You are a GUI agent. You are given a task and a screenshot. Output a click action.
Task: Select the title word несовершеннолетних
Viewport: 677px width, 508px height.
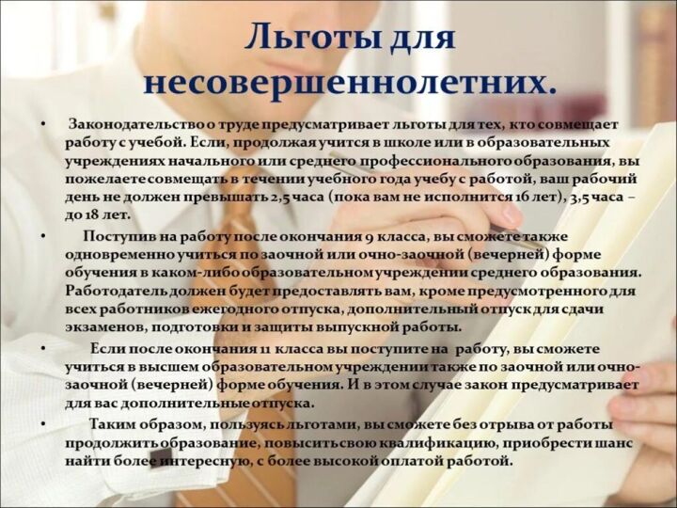[x=349, y=81]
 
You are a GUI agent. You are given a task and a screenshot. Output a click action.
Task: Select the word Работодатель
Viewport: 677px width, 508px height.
[x=117, y=292]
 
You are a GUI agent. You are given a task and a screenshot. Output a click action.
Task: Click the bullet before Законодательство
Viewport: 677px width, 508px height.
[x=43, y=125]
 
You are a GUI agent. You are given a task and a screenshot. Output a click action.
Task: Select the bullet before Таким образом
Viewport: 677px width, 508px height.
[x=43, y=425]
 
